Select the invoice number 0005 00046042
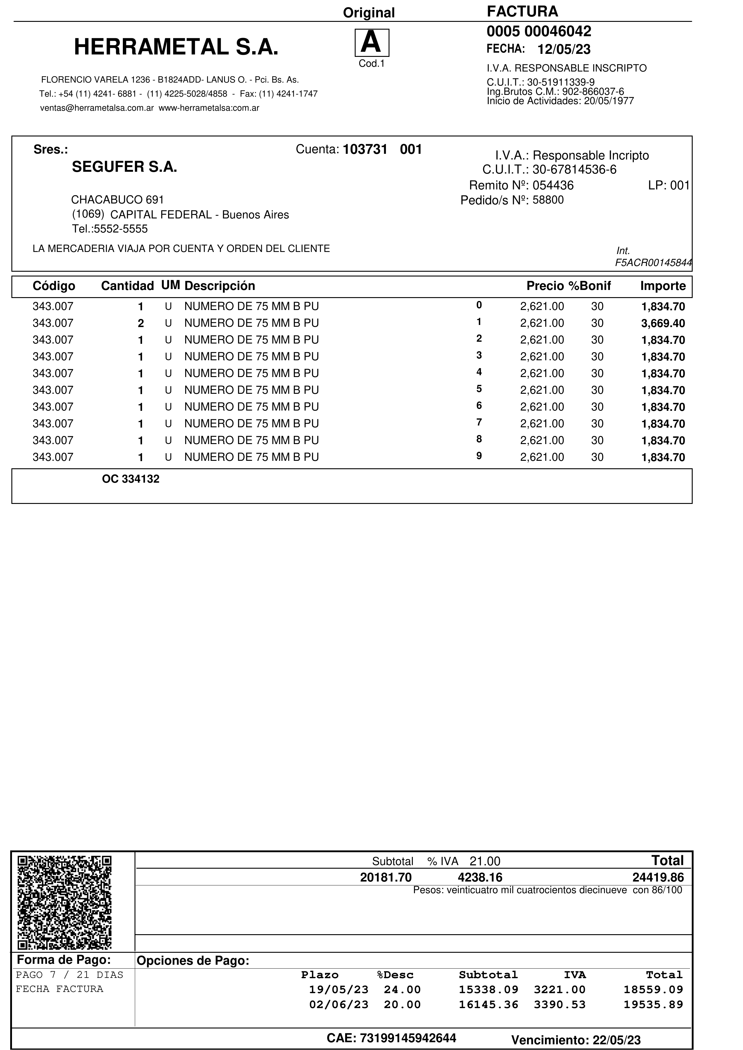click(538, 31)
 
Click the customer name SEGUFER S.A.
click(124, 167)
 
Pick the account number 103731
click(365, 150)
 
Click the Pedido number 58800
click(548, 200)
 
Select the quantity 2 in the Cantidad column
click(141, 324)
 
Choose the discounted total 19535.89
click(653, 1005)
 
